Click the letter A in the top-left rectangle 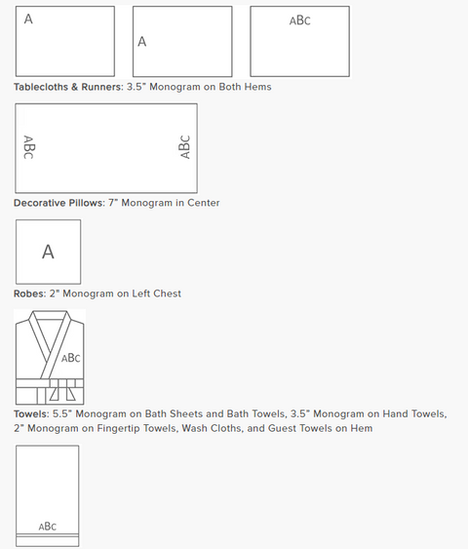tap(28, 19)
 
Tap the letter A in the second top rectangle tap(141, 42)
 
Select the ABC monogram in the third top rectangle tap(300, 20)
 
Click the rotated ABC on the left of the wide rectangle tap(28, 147)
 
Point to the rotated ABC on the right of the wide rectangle tap(184, 147)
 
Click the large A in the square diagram tap(48, 252)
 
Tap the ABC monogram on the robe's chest tap(71, 358)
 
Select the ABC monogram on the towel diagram tap(47, 527)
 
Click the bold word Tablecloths tap(41, 87)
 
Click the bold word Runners tap(101, 87)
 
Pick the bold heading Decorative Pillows tap(58, 203)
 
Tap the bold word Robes tap(29, 294)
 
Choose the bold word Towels tap(31, 413)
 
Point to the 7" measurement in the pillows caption tap(113, 203)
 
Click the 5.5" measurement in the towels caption tap(62, 413)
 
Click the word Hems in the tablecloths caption tap(257, 87)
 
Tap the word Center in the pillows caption tap(204, 203)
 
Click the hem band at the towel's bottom tap(47, 540)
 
